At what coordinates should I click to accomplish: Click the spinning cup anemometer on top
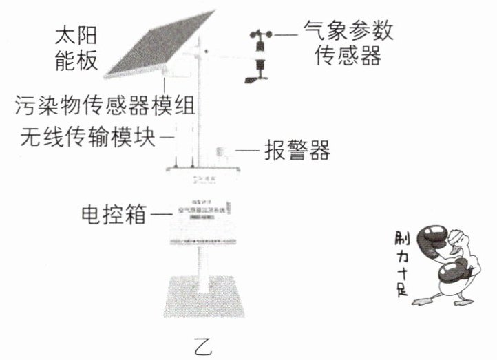[x=260, y=34]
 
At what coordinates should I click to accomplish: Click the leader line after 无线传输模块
[x=165, y=136]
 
